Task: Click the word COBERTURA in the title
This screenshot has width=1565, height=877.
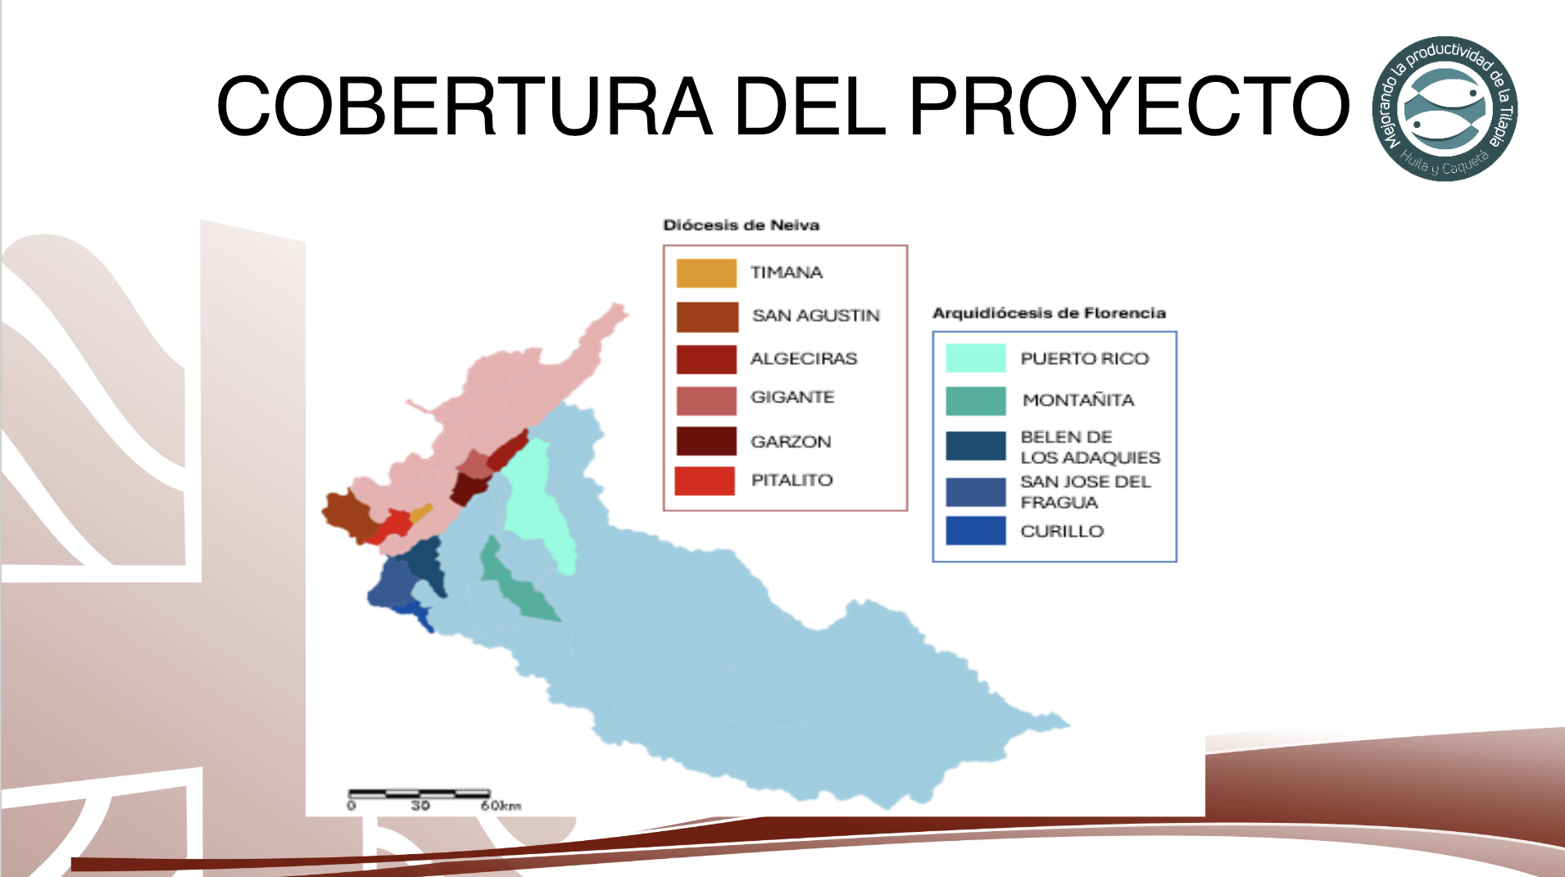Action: point(464,106)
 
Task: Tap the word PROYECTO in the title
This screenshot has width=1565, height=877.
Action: point(1129,106)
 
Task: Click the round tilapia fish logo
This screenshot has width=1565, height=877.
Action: point(1445,108)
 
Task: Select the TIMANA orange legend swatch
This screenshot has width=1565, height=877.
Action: point(706,273)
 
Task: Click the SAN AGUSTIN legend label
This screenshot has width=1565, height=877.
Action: point(816,316)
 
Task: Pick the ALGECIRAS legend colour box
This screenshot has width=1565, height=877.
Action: point(706,359)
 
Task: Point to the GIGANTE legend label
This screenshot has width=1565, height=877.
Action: point(792,398)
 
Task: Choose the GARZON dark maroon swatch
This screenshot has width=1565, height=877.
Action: point(706,441)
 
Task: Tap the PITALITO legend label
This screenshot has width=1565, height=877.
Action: point(792,480)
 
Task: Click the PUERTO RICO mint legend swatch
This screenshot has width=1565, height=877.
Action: point(975,358)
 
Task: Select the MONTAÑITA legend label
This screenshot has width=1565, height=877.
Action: point(1078,400)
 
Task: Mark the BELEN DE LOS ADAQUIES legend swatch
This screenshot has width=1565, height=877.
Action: point(975,446)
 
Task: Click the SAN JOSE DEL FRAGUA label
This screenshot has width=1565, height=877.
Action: point(1086,492)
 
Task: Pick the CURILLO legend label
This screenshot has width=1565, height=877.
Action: point(1062,531)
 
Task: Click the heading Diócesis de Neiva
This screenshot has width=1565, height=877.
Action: point(741,225)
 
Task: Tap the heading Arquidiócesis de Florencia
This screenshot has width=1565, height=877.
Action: point(1049,313)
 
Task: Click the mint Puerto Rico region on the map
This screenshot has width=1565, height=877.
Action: point(537,500)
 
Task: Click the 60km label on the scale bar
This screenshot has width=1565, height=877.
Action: point(501,806)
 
